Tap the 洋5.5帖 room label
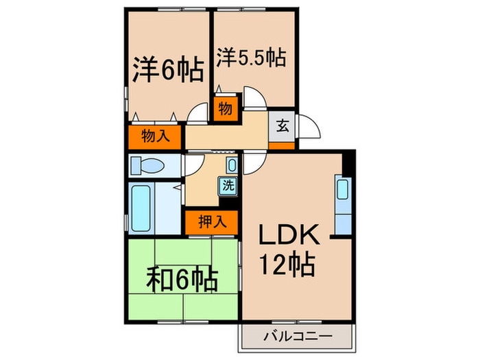251,56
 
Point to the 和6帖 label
182,279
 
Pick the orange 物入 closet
155,136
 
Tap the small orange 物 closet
225,108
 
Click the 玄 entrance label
282,125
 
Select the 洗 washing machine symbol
227,184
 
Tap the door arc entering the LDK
250,163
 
